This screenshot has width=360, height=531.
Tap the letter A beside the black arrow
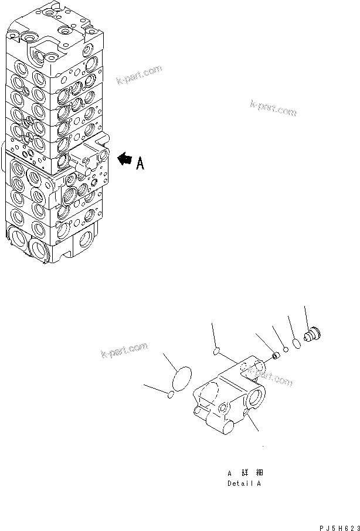point(140,164)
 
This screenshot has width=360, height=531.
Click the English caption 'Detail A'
point(244,484)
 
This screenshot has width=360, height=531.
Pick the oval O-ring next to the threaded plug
point(297,343)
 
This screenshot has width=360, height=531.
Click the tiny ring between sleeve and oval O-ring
point(286,350)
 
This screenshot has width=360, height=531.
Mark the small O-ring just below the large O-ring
point(171,395)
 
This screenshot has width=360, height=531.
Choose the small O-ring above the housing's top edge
point(216,352)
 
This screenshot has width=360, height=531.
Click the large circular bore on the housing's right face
point(257,400)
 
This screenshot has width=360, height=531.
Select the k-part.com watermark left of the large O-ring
point(123,352)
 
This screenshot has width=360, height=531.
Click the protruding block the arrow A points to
point(89,157)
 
